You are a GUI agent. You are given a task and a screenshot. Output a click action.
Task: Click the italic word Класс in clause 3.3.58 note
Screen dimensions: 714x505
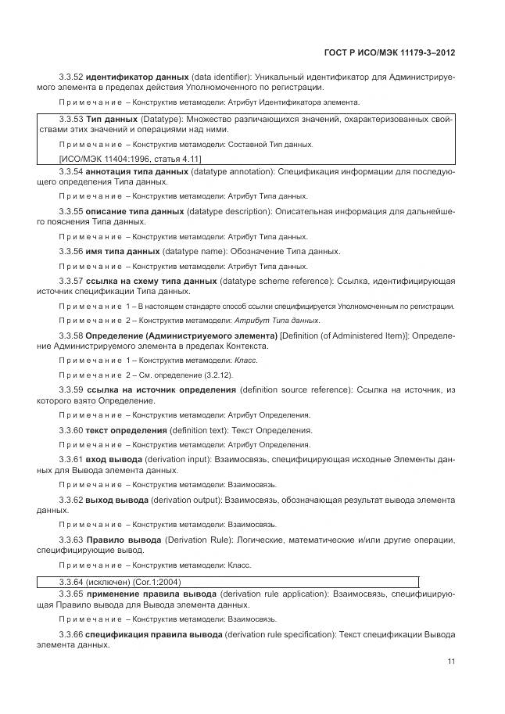245,361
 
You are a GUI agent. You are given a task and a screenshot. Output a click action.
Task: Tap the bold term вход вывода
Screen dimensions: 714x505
114,458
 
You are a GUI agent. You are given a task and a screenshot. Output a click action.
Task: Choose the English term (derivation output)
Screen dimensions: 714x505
186,498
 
